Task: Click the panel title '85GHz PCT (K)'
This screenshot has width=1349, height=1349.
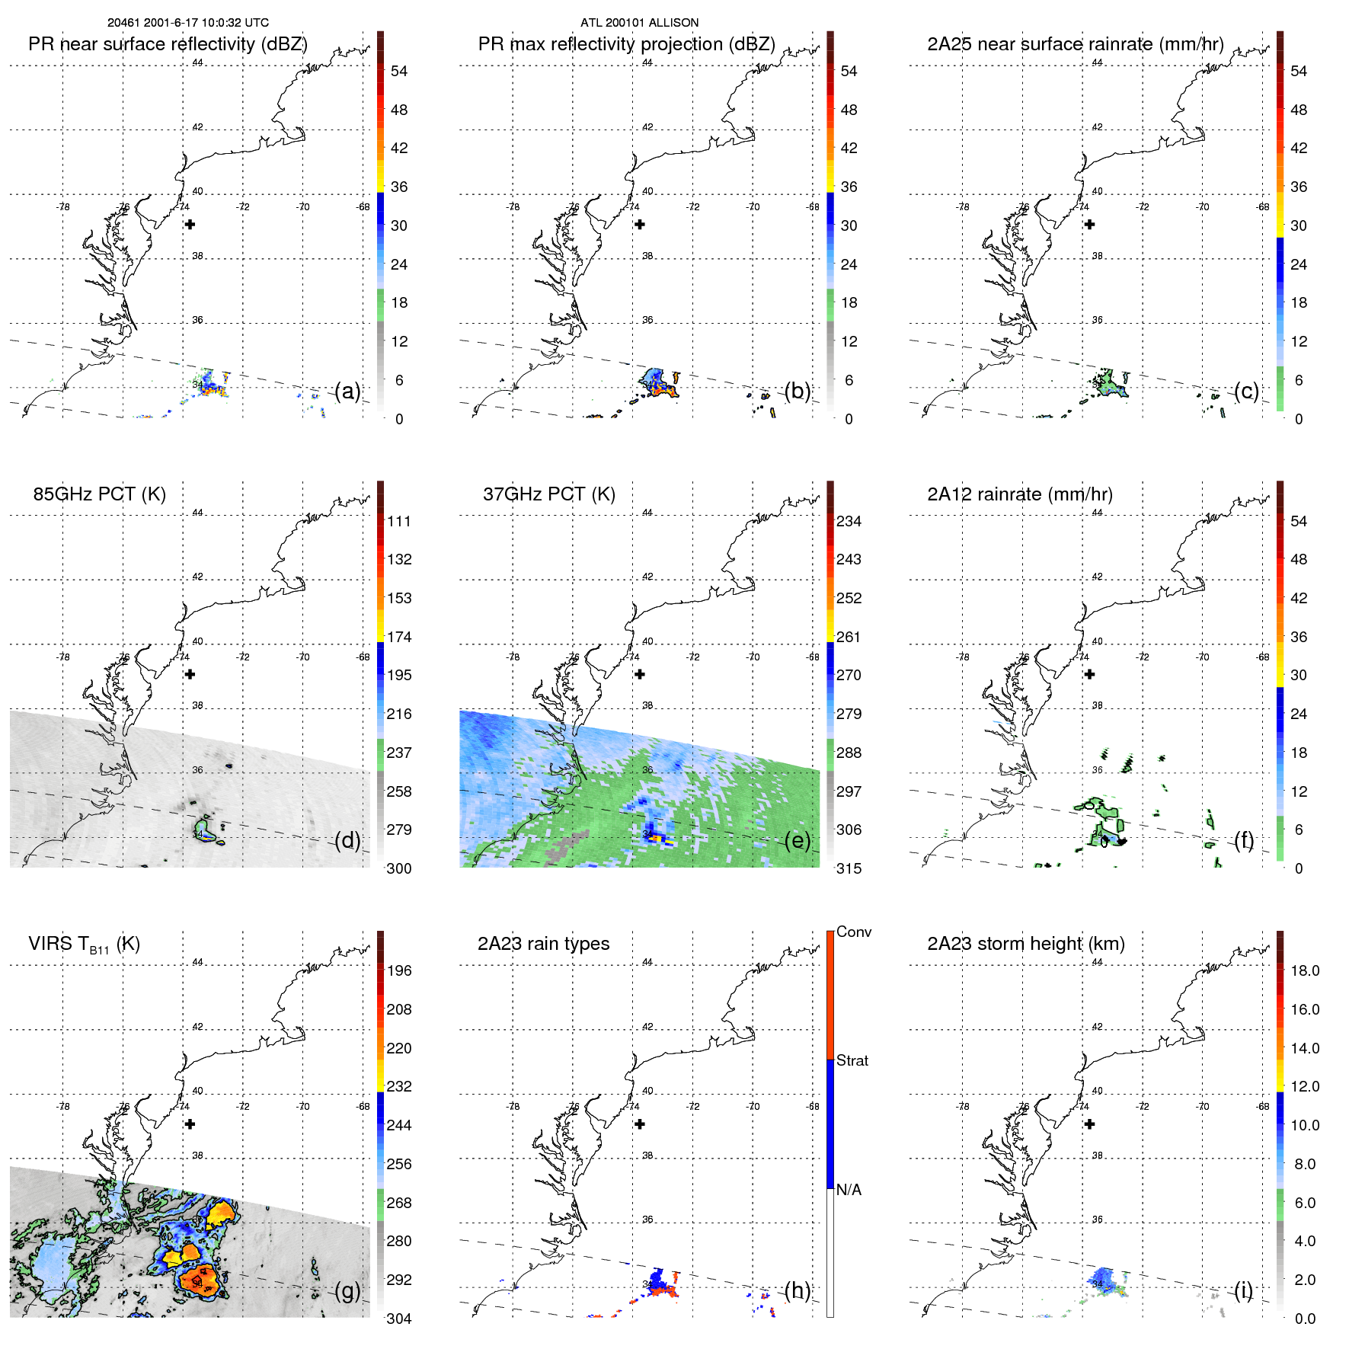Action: point(99,494)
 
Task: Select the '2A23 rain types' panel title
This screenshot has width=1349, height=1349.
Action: point(543,944)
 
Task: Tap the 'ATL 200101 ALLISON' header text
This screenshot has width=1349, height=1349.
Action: point(639,23)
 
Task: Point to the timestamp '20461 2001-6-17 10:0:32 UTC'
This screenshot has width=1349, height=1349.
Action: point(187,23)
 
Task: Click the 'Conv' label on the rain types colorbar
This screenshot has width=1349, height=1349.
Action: point(853,932)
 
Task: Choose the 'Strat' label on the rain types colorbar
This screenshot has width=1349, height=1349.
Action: point(852,1060)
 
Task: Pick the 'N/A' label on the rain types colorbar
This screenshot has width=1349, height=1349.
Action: point(849,1190)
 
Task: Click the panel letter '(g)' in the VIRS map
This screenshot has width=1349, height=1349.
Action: point(347,1290)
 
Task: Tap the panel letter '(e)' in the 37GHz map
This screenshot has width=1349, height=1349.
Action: point(798,840)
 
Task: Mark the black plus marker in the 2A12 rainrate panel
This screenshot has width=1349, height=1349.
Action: point(1089,674)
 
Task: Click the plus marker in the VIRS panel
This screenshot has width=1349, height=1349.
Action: point(190,1124)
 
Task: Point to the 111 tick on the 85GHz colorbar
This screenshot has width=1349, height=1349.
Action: point(399,521)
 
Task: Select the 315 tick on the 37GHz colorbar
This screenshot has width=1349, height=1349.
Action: point(849,868)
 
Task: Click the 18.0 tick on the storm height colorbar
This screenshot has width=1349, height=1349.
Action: point(1304,970)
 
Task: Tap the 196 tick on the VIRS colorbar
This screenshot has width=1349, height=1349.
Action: point(399,970)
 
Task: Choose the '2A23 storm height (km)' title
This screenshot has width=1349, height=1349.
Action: point(1025,944)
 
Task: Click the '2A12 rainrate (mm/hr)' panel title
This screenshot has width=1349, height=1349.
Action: point(1019,494)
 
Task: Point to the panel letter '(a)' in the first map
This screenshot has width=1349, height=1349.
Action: point(347,391)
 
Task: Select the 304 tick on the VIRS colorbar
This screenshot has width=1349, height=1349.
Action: point(399,1319)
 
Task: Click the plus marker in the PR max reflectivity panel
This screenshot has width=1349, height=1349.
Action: point(640,224)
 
